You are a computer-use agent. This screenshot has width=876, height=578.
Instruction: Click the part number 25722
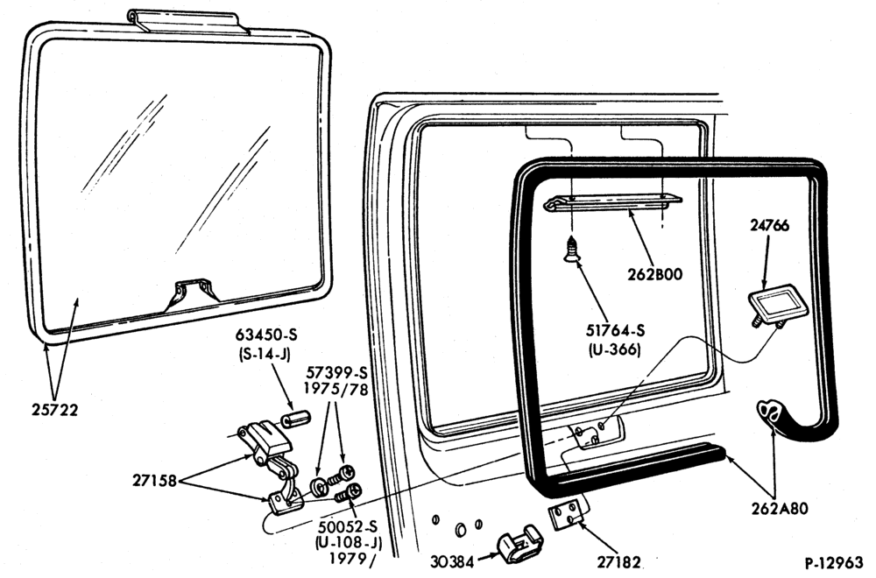(54, 411)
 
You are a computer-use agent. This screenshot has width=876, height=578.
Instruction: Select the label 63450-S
(266, 335)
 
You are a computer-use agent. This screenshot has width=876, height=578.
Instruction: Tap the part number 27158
(154, 480)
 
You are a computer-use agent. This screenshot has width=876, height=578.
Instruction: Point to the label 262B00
(654, 274)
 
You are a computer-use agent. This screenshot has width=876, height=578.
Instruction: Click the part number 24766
(769, 226)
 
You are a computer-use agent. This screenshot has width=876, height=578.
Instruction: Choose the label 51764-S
(615, 331)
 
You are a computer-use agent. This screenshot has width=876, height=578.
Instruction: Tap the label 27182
(618, 561)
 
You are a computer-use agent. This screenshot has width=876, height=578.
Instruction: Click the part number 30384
(453, 560)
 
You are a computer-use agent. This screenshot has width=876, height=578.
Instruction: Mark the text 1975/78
(336, 389)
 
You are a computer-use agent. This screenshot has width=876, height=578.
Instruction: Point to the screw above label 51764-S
(572, 249)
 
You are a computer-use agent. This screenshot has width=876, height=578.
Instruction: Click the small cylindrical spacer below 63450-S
(296, 419)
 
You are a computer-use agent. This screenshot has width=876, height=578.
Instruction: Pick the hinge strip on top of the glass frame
(187, 21)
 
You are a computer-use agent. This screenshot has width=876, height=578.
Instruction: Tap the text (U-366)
(615, 350)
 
